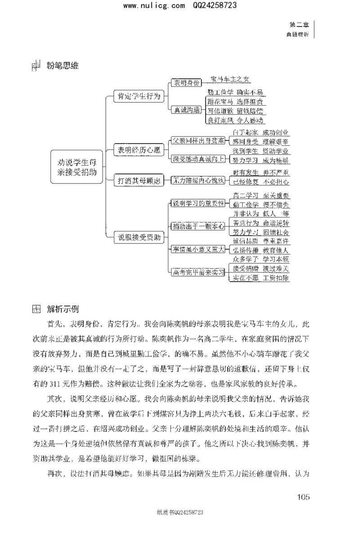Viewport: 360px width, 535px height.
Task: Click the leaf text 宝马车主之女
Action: point(229,80)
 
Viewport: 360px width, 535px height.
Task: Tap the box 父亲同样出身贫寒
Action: point(198,140)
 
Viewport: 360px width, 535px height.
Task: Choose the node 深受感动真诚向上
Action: point(198,158)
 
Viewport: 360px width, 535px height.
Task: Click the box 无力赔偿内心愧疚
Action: point(198,181)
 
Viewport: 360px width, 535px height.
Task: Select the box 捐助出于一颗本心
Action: point(198,226)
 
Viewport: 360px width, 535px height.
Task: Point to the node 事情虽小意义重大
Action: point(198,249)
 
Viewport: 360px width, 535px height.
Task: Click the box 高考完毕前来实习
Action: point(198,272)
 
